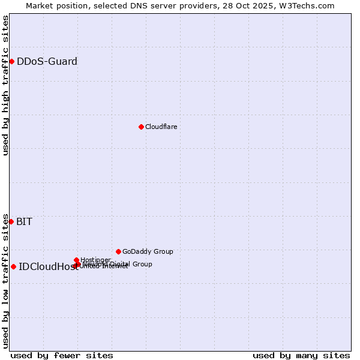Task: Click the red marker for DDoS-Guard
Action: coord(11,61)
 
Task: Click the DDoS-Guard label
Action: coord(47,61)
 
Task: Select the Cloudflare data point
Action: coord(141,127)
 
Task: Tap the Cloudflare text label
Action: coord(161,127)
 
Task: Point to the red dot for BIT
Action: coord(11,221)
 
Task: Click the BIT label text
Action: coord(24,221)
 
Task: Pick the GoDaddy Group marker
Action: coord(118,251)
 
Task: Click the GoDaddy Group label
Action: coord(148,251)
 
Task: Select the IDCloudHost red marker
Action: coord(13,266)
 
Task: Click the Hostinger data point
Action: coord(76,260)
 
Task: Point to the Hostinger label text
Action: coord(95,260)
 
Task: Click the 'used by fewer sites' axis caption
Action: coord(62,355)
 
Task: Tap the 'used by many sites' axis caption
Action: coord(301,355)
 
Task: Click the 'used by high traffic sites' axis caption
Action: coord(5,85)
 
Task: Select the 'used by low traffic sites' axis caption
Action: coord(5,281)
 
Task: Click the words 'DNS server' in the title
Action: coord(162,5)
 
